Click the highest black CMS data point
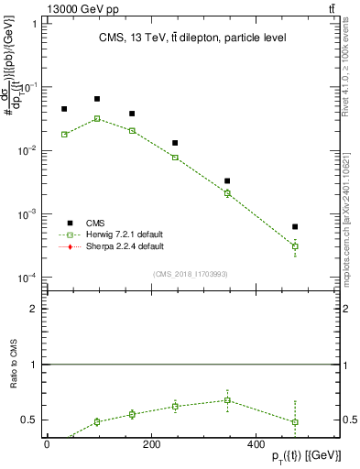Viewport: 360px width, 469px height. [97, 99]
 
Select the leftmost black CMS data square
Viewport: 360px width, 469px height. [64, 109]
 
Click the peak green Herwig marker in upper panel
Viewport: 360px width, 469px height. [97, 118]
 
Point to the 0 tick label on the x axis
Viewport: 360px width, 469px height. [47, 444]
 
